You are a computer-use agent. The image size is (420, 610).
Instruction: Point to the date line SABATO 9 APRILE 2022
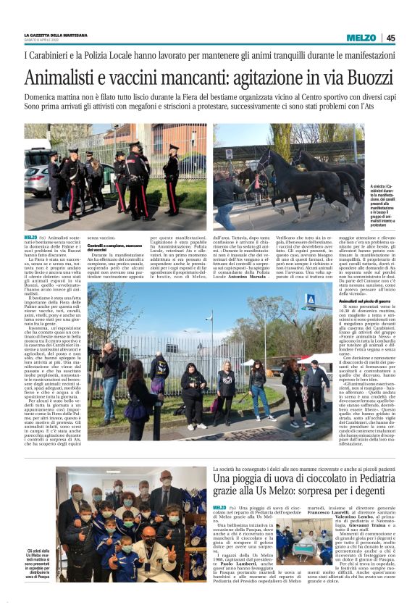coord(48,40)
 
